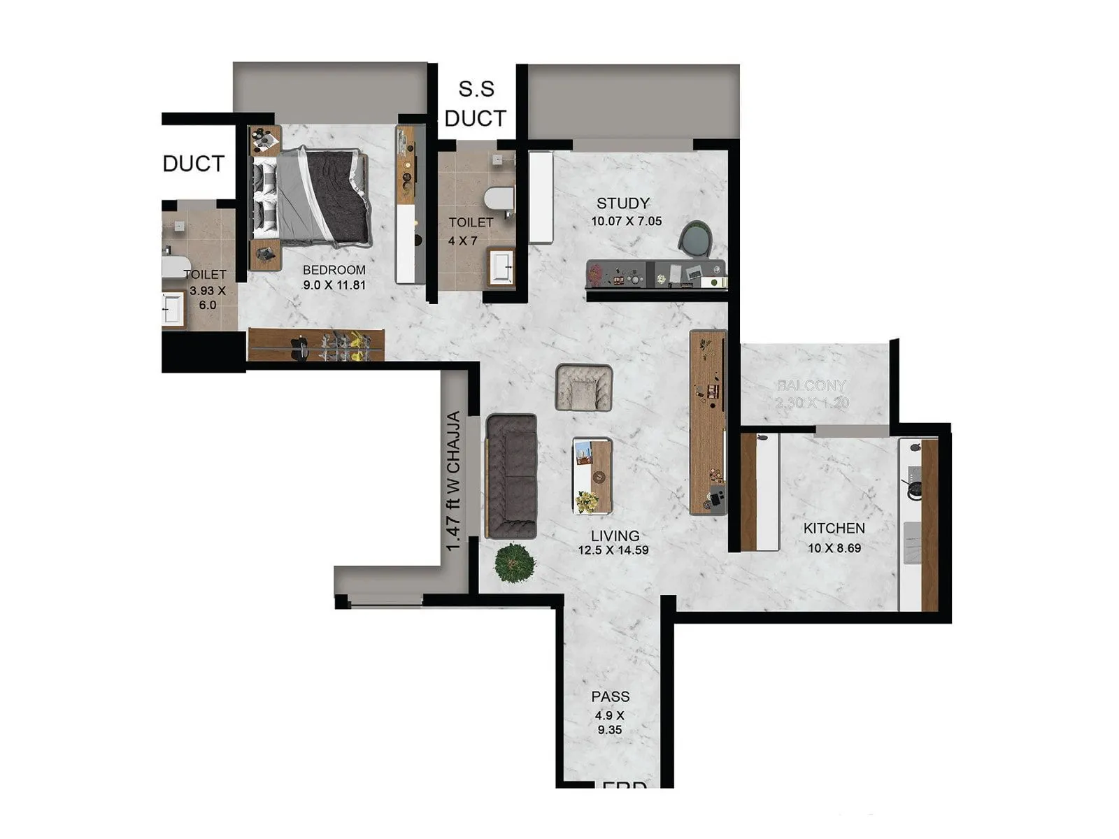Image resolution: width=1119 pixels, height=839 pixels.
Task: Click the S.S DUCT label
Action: pyautogui.click(x=476, y=104)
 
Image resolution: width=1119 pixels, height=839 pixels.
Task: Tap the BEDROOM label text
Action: pyautogui.click(x=334, y=270)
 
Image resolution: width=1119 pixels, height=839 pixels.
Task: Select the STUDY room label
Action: pyautogui.click(x=622, y=203)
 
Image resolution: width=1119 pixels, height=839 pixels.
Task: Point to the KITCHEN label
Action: pyautogui.click(x=834, y=529)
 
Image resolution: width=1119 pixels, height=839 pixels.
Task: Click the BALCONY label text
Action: pyautogui.click(x=811, y=385)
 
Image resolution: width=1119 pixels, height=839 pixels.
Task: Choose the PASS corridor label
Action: pyautogui.click(x=610, y=696)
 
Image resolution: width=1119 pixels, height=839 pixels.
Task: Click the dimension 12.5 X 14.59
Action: pyautogui.click(x=613, y=550)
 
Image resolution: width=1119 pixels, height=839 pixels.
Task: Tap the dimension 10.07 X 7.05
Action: pyautogui.click(x=626, y=221)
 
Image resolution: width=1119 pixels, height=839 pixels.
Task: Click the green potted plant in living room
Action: pyautogui.click(x=515, y=562)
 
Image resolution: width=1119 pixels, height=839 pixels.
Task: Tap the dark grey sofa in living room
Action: pyautogui.click(x=511, y=477)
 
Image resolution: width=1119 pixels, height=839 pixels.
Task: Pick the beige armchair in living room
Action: pyautogui.click(x=584, y=387)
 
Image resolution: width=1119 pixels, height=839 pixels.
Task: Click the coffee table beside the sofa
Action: pyautogui.click(x=592, y=476)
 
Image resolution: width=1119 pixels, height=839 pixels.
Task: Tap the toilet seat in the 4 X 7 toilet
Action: pyautogui.click(x=499, y=199)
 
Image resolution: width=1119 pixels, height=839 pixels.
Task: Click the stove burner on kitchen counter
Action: pyautogui.click(x=914, y=488)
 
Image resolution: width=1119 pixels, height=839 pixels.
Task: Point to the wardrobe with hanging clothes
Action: pyautogui.click(x=316, y=345)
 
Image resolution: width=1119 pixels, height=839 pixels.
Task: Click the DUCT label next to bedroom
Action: pyautogui.click(x=194, y=164)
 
